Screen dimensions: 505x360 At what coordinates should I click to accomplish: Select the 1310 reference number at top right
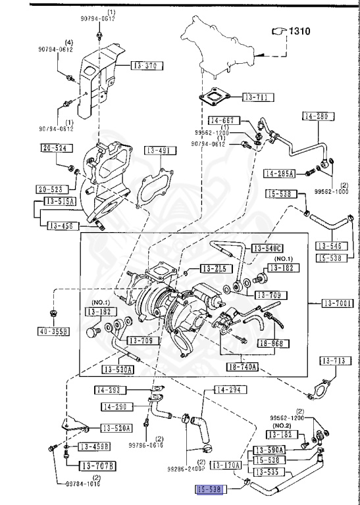click(x=297, y=31)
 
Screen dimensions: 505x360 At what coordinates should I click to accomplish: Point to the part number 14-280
click(x=319, y=116)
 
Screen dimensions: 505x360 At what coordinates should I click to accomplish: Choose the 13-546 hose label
click(x=331, y=246)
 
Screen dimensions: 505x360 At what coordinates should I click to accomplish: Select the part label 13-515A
click(x=61, y=201)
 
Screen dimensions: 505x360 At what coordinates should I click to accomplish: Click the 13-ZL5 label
click(x=214, y=269)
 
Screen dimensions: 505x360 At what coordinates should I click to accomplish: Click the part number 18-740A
click(x=242, y=366)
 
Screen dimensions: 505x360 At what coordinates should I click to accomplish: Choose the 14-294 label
click(x=230, y=390)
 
